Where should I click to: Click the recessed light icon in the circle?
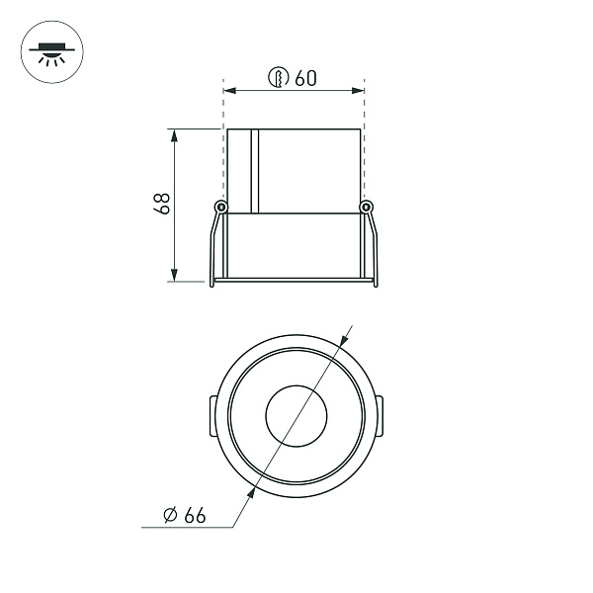pos(47,50)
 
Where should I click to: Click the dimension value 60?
pos(305,78)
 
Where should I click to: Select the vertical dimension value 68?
pos(163,204)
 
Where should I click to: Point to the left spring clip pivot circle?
pos(221,207)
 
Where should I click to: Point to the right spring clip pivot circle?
pos(367,207)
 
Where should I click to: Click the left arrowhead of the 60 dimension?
pos(230,91)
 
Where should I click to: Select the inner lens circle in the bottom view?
pos(296,414)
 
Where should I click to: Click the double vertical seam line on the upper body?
pos(254,170)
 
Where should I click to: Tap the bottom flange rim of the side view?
pos(295,282)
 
